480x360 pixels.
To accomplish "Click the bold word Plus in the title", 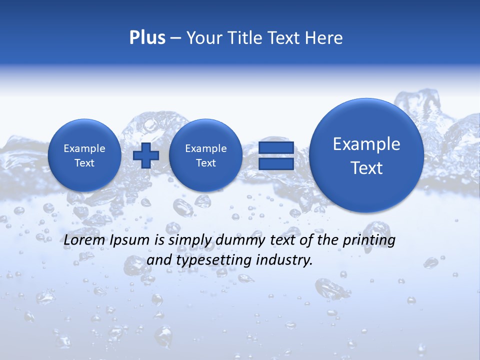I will (147, 38).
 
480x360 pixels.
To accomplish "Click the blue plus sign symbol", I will (145, 155).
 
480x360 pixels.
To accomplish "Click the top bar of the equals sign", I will (276, 148).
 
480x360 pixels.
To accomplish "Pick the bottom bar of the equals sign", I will (276, 164).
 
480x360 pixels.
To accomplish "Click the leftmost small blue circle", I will (84, 155).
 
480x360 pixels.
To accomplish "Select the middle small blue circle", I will (205, 155).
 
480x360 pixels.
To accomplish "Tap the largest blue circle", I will (366, 155).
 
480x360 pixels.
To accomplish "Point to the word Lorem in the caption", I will (84, 240).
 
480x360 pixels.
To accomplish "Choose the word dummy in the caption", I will (235, 240).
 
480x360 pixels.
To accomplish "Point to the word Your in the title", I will (202, 38).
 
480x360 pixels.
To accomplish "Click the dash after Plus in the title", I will (175, 38).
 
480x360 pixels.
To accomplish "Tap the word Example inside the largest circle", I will (366, 144).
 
